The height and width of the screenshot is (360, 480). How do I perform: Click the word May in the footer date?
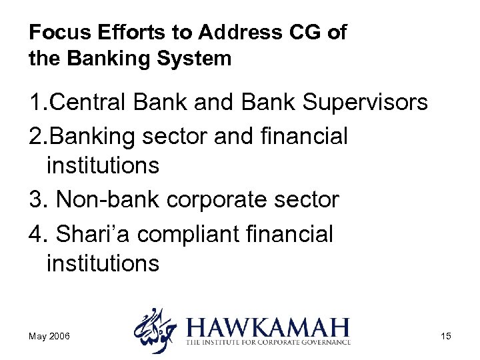[x=39, y=336]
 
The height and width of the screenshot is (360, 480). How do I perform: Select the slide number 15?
[x=445, y=336]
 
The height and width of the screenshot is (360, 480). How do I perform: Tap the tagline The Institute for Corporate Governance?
[x=268, y=343]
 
